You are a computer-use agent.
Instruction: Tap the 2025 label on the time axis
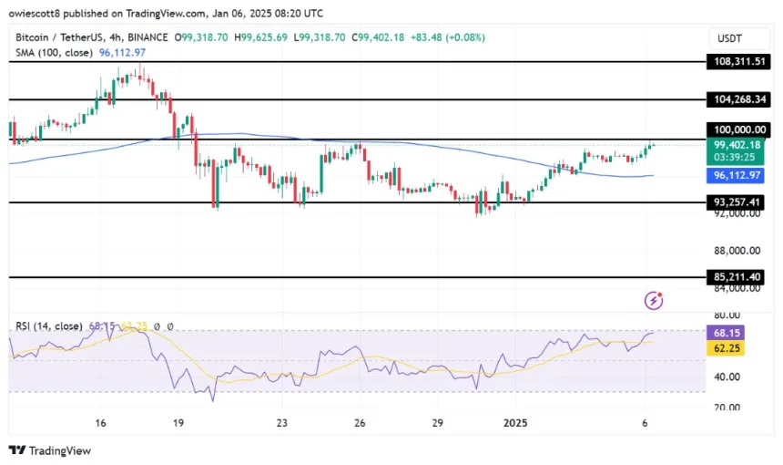514,423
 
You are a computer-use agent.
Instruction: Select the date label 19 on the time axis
179,423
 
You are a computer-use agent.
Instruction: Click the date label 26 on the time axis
361,423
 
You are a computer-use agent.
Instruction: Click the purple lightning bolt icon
653,300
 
